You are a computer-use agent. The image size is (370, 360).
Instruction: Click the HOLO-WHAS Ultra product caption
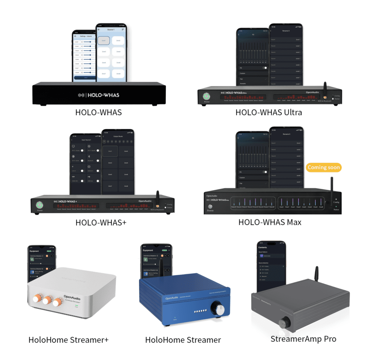pyautogui.click(x=268, y=112)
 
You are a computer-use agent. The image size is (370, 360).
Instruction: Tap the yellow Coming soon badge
pyautogui.click(x=324, y=168)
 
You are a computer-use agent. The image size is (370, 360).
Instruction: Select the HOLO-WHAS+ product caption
pyautogui.click(x=101, y=222)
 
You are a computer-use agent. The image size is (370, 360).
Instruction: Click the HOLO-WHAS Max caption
pyautogui.click(x=270, y=222)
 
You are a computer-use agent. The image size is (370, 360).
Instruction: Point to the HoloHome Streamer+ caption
pyautogui.click(x=68, y=340)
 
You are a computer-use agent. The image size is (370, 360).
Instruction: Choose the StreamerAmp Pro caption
pyautogui.click(x=303, y=339)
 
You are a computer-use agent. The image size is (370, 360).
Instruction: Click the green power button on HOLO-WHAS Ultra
pyautogui.click(x=207, y=96)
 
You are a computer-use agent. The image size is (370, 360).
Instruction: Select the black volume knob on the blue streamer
pyautogui.click(x=219, y=309)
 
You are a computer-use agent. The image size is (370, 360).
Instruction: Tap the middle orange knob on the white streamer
pyautogui.click(x=47, y=300)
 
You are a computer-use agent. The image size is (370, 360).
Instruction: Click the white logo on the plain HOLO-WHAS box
pyautogui.click(x=99, y=95)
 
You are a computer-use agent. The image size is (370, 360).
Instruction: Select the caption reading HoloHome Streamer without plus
pyautogui.click(x=183, y=340)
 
